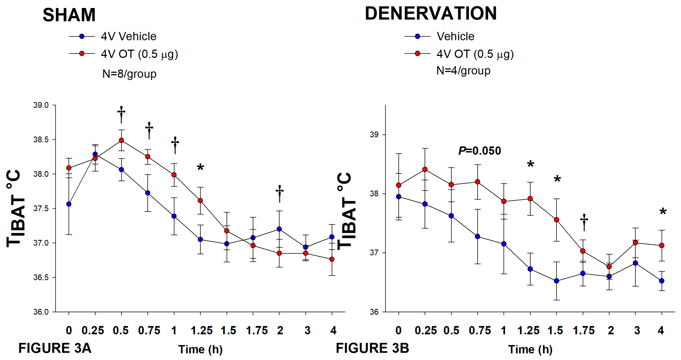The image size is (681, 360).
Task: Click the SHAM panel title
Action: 69,15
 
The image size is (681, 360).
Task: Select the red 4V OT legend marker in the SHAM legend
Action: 82,54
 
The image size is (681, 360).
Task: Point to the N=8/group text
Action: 129,74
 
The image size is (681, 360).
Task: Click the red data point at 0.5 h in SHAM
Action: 121,140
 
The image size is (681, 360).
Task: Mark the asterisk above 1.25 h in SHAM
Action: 200,168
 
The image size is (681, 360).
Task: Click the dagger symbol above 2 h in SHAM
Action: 279,193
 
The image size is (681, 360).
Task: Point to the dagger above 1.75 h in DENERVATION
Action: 584,222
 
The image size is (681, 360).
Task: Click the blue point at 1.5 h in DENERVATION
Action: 556,281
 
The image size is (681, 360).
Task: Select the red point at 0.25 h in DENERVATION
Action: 425,169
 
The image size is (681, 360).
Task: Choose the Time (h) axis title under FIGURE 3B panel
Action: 530,349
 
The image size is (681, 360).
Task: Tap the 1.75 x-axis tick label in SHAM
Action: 257,330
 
